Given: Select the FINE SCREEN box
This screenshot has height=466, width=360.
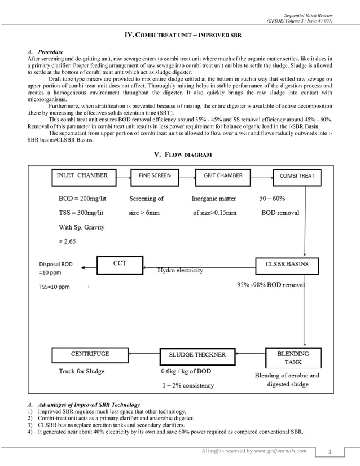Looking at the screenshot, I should (x=155, y=176).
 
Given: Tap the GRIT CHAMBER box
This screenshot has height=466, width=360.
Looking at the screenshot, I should (x=223, y=176).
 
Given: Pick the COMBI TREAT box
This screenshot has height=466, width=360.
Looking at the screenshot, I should (x=297, y=176).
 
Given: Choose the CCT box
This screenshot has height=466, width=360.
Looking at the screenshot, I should (x=120, y=263).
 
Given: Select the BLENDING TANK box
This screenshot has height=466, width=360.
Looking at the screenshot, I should (x=293, y=358).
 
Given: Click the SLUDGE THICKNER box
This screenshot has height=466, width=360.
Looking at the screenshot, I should (x=197, y=355).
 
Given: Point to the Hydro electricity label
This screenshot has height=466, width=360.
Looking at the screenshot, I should (x=180, y=271).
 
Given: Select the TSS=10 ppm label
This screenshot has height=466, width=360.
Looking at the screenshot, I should (x=55, y=287).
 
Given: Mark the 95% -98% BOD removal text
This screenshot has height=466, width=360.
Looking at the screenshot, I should (x=270, y=285).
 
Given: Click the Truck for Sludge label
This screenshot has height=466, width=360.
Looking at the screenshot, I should (x=82, y=372).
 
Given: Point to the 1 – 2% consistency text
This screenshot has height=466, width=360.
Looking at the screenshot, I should (x=187, y=386).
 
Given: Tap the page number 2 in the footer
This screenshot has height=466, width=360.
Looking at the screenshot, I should (x=337, y=451).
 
